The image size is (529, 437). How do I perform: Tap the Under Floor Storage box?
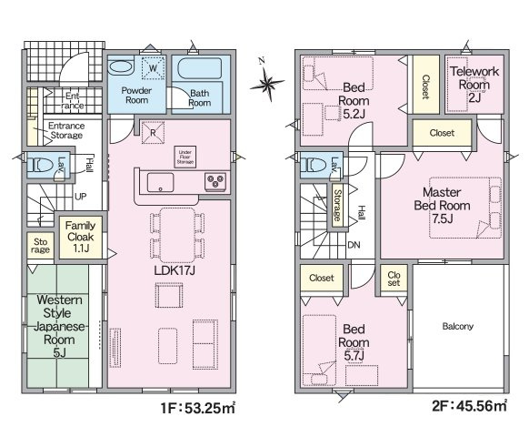(x=185, y=157)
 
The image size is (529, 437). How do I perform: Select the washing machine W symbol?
(x=153, y=68)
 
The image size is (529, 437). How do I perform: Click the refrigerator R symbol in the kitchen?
(x=153, y=133)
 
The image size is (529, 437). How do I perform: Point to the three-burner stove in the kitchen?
(x=215, y=182)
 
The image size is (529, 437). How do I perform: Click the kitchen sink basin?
(x=160, y=182)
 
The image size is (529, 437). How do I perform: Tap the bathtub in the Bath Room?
(x=199, y=68)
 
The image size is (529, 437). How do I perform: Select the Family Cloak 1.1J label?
(x=80, y=237)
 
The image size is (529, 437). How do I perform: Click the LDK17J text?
(x=175, y=270)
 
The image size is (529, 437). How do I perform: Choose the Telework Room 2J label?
(x=474, y=84)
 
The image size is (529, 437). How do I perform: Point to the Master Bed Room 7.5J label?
(x=442, y=205)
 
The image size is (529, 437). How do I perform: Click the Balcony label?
(x=457, y=326)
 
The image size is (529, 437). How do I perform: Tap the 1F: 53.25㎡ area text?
(x=198, y=408)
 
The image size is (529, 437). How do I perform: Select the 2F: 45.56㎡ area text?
(x=469, y=405)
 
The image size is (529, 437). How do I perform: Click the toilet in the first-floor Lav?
(x=40, y=166)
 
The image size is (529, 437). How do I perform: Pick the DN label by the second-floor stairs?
(x=354, y=245)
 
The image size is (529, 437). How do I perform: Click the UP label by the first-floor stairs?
(x=80, y=197)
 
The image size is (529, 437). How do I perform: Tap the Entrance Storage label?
(x=66, y=130)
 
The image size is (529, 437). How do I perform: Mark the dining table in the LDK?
(x=177, y=235)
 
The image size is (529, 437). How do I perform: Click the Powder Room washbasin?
(x=121, y=66)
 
